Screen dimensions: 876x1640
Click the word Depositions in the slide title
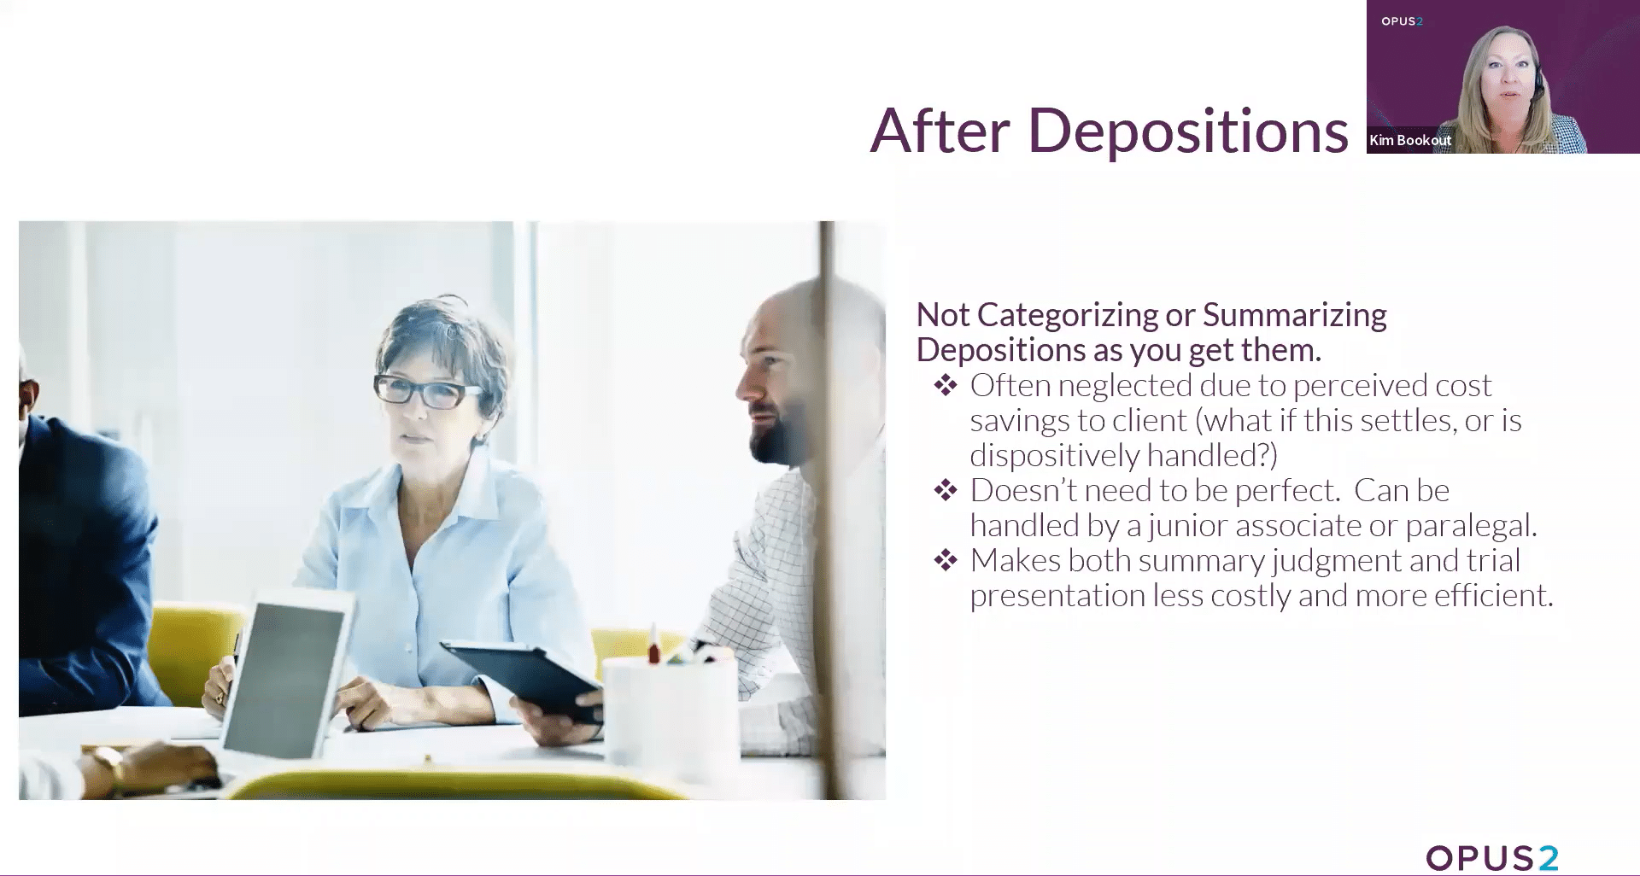[1187, 132]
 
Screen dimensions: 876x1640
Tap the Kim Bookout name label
[1409, 140]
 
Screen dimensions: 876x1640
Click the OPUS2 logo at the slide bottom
[1491, 858]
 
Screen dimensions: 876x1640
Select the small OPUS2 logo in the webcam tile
[1402, 21]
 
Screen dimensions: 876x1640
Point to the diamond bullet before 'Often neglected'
[946, 386]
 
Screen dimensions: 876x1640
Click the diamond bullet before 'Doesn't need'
[946, 491]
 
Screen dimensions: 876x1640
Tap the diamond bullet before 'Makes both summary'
[946, 561]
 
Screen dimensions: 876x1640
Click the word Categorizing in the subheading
[1068, 315]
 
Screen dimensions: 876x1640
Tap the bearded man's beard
[777, 435]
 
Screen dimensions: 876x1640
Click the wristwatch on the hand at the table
[108, 761]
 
